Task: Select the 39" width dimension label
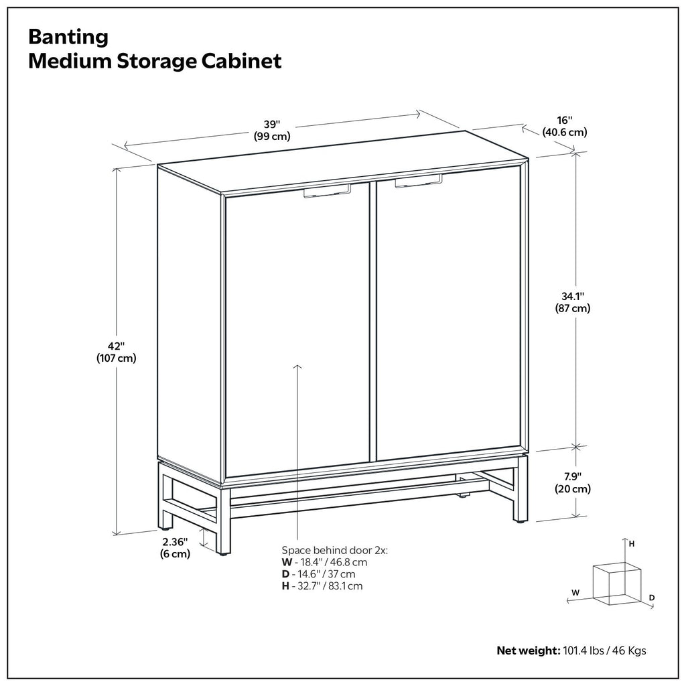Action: tap(271, 125)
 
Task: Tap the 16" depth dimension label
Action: tap(564, 121)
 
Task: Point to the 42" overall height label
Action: tap(117, 346)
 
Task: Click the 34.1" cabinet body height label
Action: tap(572, 296)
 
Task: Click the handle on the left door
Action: tap(327, 192)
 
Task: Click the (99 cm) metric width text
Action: tap(271, 137)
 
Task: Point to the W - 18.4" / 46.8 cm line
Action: tap(324, 562)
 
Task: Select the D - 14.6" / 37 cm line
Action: tap(318, 574)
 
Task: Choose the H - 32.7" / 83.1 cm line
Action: tap(322, 586)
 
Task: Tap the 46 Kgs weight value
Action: tap(630, 650)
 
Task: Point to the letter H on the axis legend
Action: tap(632, 544)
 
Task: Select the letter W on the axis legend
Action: tap(575, 592)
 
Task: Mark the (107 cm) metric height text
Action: tap(117, 358)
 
